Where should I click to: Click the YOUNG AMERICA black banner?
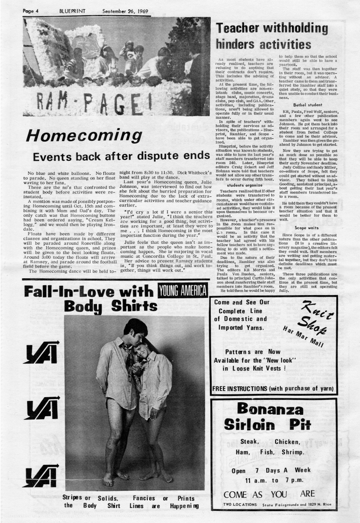tap(182, 290)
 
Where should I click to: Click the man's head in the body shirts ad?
tap(136, 328)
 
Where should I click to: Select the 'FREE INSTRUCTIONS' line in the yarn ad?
tap(276, 389)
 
